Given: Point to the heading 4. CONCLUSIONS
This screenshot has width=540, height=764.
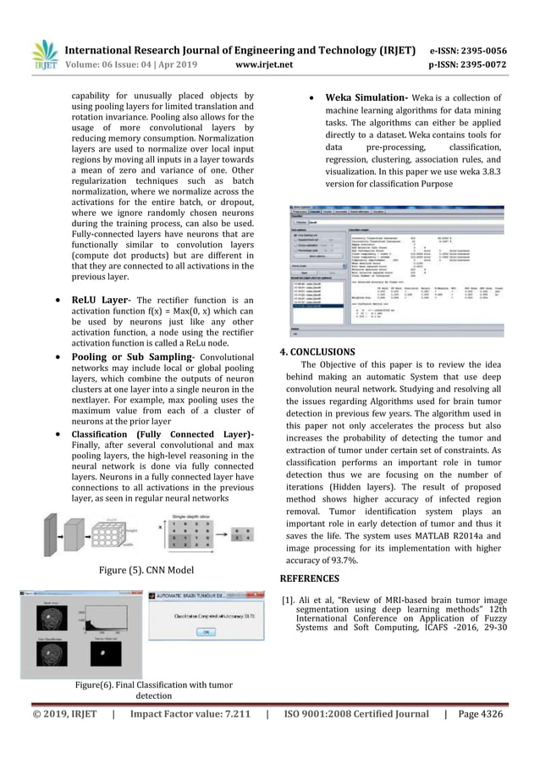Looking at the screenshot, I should click(x=317, y=352).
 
